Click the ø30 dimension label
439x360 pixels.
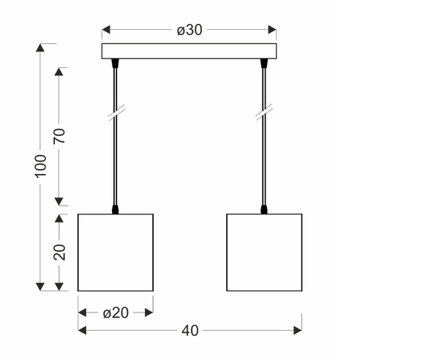point(190,30)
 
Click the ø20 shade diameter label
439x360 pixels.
point(116,312)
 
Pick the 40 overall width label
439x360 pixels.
point(190,331)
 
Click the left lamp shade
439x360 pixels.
point(116,252)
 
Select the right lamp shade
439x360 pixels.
point(264,252)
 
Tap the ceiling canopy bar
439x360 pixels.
point(190,52)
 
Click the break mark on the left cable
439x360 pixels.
point(116,113)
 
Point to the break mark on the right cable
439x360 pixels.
point(264,113)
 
